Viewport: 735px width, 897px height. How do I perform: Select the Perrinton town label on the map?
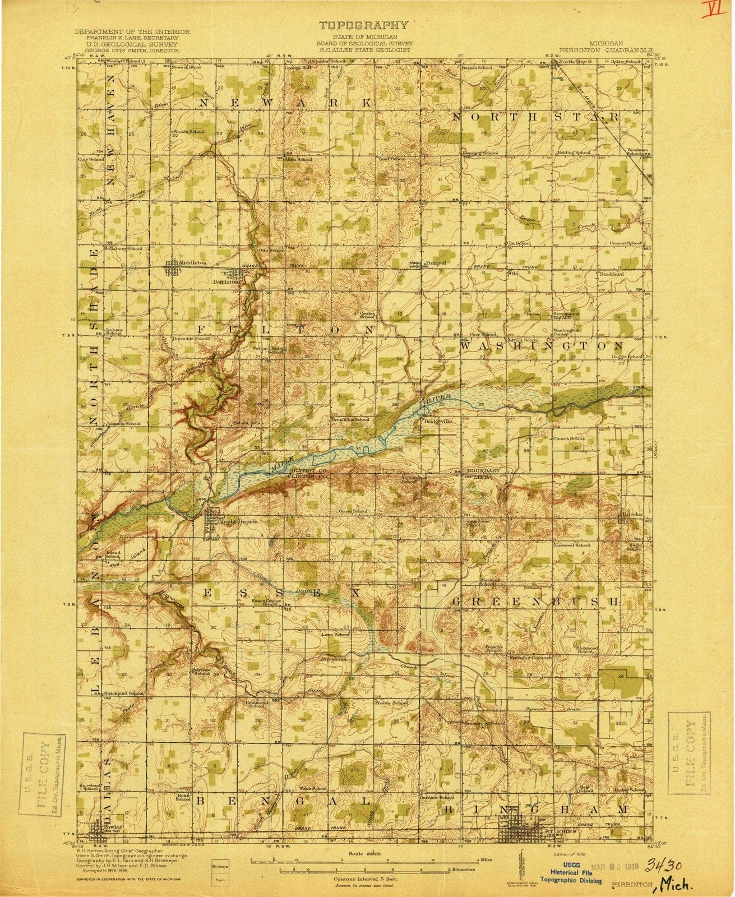[x=226, y=282]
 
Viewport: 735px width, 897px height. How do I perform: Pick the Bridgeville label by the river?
[x=437, y=422]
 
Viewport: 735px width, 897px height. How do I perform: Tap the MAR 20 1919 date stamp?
[x=617, y=849]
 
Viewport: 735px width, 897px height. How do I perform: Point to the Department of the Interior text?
[x=132, y=33]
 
